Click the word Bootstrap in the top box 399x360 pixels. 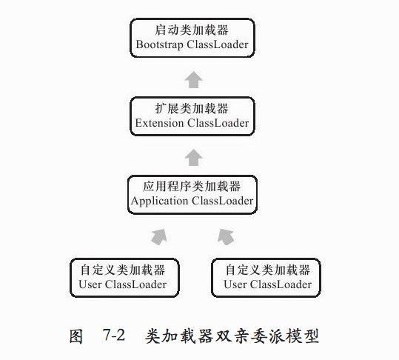click(x=160, y=44)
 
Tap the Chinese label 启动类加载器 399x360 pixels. click(x=192, y=30)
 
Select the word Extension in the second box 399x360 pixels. click(x=159, y=123)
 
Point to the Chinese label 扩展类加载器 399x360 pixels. click(x=192, y=108)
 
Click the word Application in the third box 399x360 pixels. click(x=160, y=201)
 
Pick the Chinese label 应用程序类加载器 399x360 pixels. click(x=192, y=187)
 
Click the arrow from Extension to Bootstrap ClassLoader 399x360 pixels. click(x=194, y=80)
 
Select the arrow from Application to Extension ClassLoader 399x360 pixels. click(x=194, y=158)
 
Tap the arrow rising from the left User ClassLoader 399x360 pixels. click(x=159, y=237)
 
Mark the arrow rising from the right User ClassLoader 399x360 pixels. click(x=226, y=237)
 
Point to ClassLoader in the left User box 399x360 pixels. click(x=136, y=284)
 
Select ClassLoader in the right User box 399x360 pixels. click(x=281, y=284)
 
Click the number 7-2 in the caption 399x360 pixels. click(x=114, y=335)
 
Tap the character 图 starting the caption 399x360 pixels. click(x=76, y=336)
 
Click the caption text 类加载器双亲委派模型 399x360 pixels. click(x=232, y=336)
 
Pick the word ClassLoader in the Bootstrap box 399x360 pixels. click(x=218, y=44)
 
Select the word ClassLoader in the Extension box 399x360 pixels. click(x=218, y=123)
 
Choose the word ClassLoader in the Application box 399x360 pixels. click(x=223, y=201)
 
